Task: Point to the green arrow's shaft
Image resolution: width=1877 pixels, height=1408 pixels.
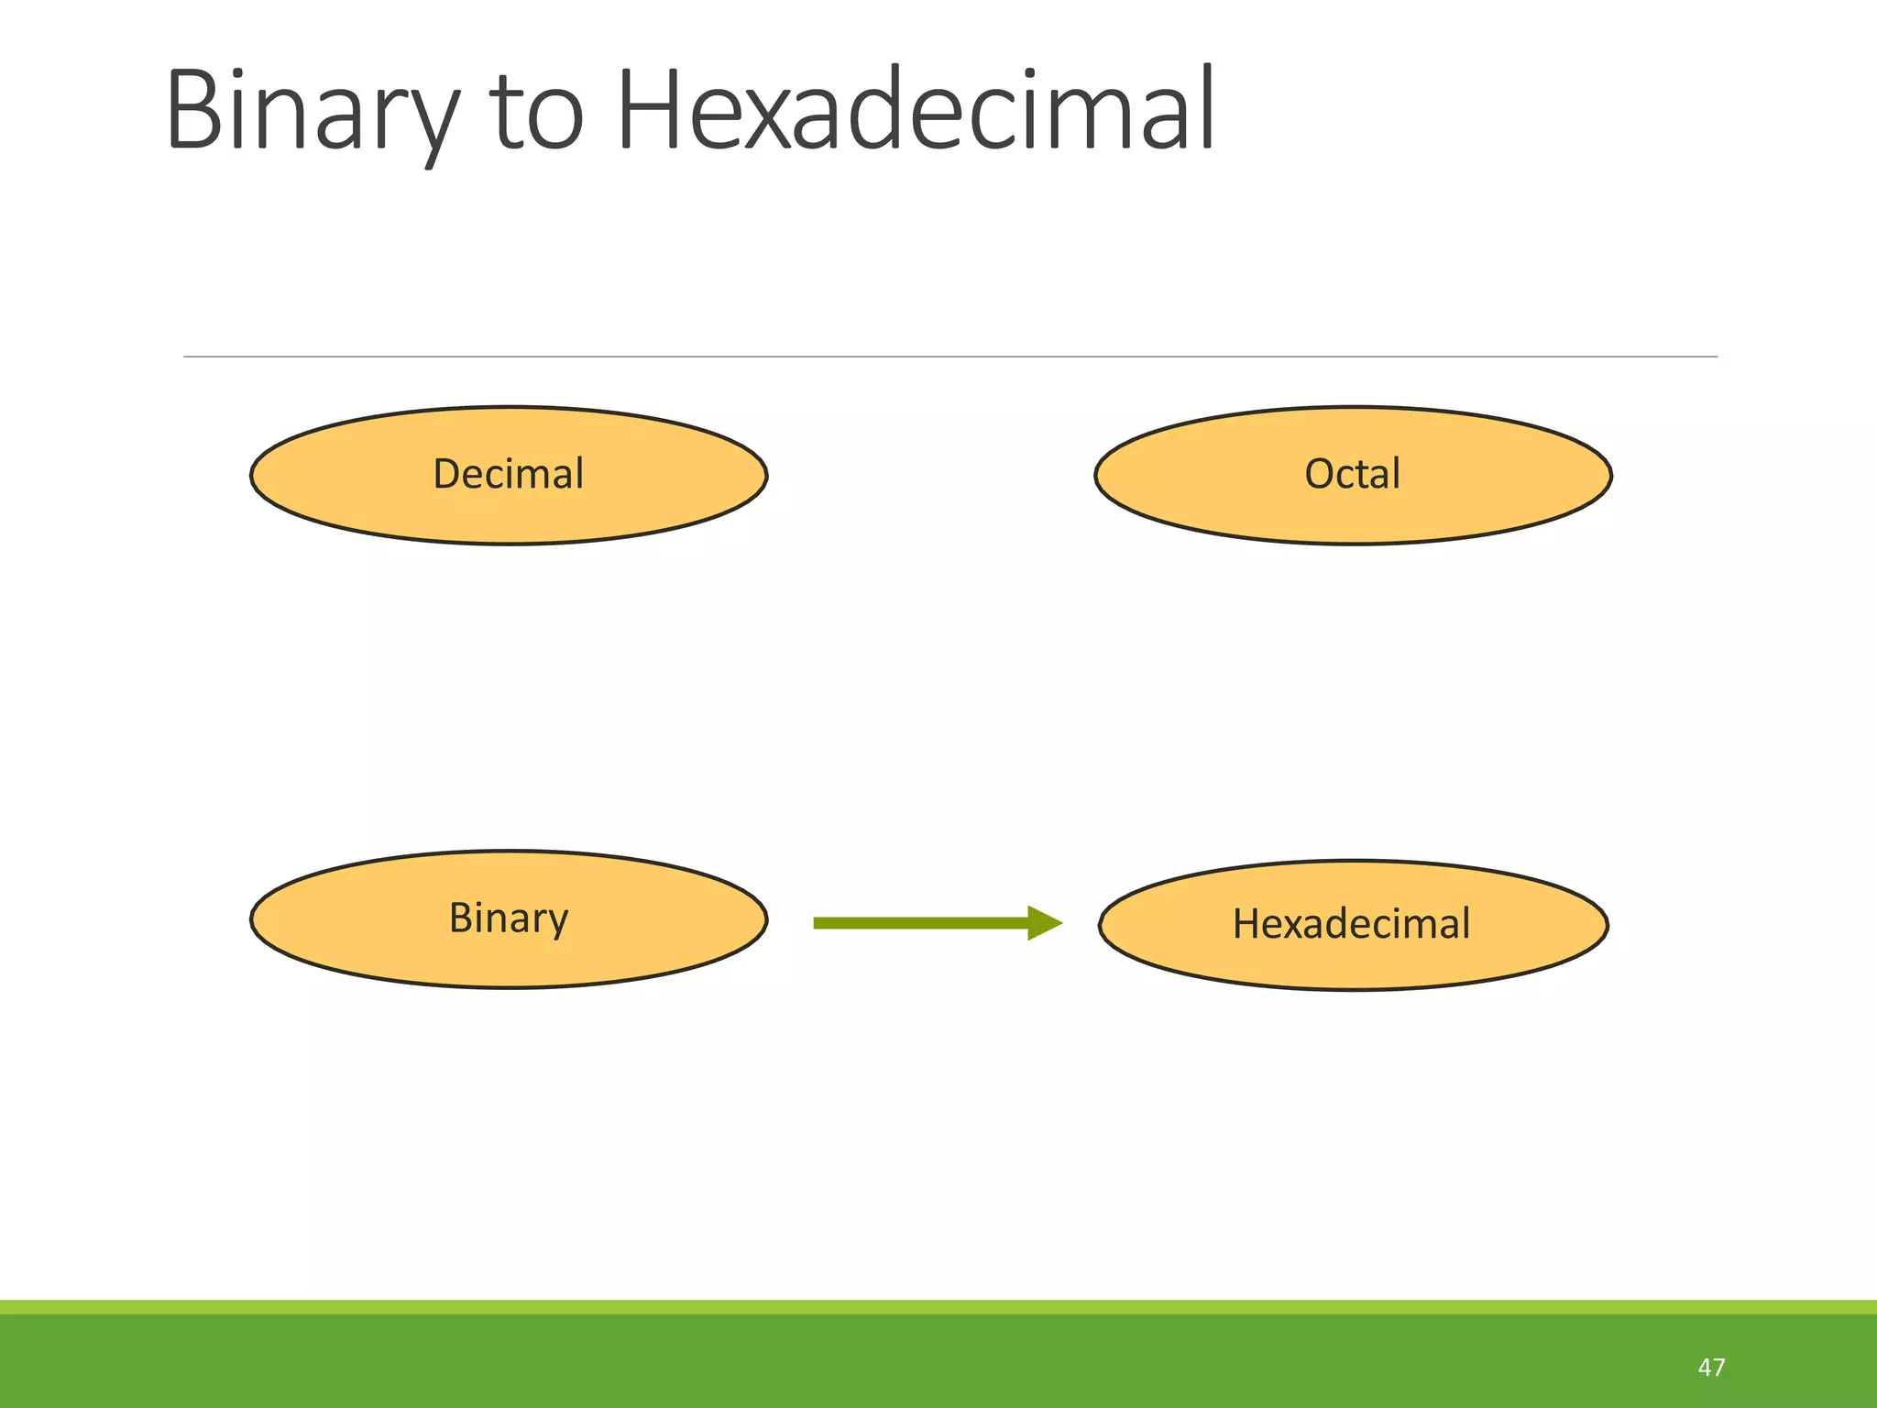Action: pos(917,923)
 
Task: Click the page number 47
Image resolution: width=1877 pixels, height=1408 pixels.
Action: pos(1711,1367)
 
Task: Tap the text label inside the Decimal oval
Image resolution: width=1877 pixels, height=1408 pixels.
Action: pos(508,474)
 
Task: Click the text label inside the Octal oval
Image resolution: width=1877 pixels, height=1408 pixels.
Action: pos(1352,474)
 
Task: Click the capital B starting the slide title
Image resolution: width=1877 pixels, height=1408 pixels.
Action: pos(194,110)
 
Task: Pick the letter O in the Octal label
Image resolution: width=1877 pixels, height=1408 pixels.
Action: pos(1320,475)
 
